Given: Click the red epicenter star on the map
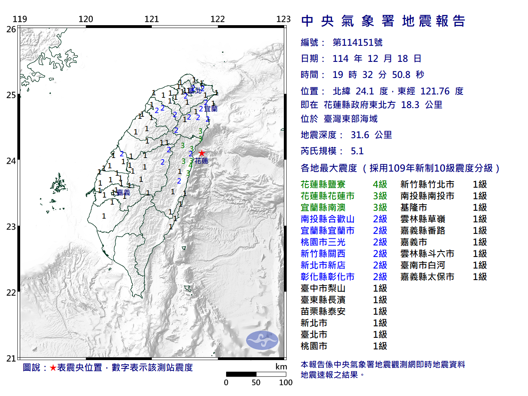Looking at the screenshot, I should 201,153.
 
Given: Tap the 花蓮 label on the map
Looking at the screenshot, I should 202,161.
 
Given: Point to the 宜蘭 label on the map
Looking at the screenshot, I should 211,109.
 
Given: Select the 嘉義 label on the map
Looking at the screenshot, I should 123,193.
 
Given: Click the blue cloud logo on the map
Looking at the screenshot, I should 262,340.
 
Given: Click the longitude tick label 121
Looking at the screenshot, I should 152,19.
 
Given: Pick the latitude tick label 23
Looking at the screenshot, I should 11,227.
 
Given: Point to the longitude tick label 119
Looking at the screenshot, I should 20,19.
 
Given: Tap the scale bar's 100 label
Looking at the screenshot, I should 285,382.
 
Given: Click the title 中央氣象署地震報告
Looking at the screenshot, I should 383,21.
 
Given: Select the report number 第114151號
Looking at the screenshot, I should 358,42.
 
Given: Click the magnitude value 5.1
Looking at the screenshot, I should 357,151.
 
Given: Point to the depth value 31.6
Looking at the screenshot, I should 360,135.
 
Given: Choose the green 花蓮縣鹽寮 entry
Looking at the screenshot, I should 323,184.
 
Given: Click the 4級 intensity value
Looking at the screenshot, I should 380,184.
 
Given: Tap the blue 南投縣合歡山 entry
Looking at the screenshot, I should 328,219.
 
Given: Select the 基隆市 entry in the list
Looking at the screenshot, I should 414,207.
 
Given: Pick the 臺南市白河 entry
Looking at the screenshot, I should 423,265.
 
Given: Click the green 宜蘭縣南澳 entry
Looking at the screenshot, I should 323,207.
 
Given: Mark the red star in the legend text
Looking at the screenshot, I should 53,368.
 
